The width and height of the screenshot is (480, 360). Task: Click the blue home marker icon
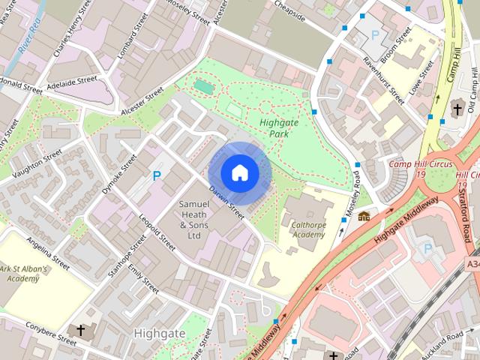pos(239,172)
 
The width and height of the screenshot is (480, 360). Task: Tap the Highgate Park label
pos(279,127)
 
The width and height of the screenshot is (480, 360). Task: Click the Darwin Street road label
pos(226,202)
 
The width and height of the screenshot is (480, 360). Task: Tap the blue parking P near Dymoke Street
pos(157,176)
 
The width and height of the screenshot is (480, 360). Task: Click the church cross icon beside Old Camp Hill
pos(457,109)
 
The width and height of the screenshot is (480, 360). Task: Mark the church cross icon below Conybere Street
pos(81,330)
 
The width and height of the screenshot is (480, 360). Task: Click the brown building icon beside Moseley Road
pos(364,216)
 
